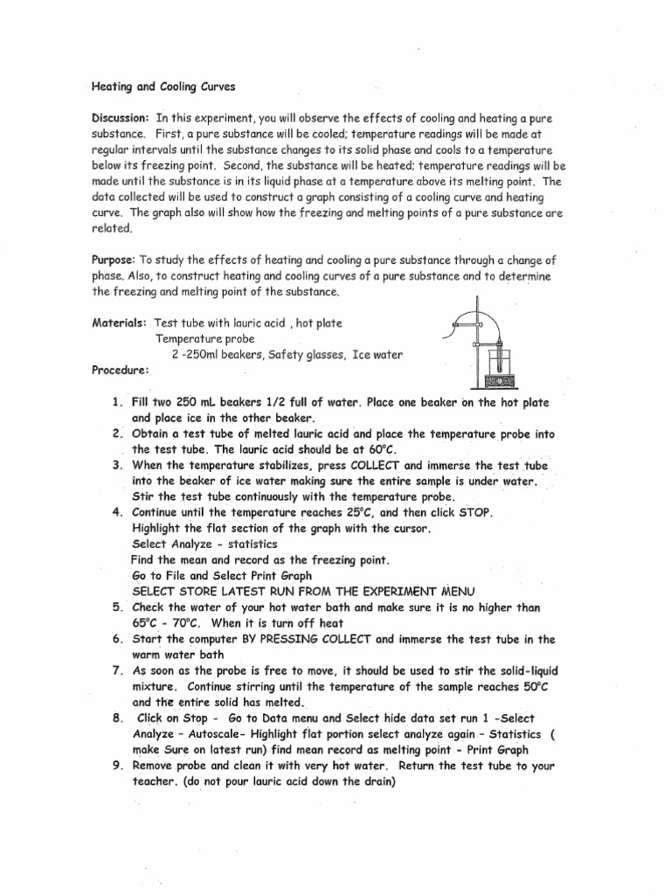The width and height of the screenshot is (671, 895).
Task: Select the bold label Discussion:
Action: point(121,118)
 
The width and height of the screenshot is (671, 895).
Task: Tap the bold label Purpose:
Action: point(114,260)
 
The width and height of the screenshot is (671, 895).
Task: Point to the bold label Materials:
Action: point(119,323)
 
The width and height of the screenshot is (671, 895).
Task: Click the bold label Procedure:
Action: point(121,370)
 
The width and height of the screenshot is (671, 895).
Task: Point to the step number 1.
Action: point(115,403)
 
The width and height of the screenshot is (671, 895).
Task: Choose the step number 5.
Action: point(116,607)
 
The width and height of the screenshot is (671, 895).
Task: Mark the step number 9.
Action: point(116,766)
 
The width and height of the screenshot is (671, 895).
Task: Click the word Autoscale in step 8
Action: point(230,734)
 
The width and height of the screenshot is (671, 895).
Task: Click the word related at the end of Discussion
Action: point(113,228)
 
